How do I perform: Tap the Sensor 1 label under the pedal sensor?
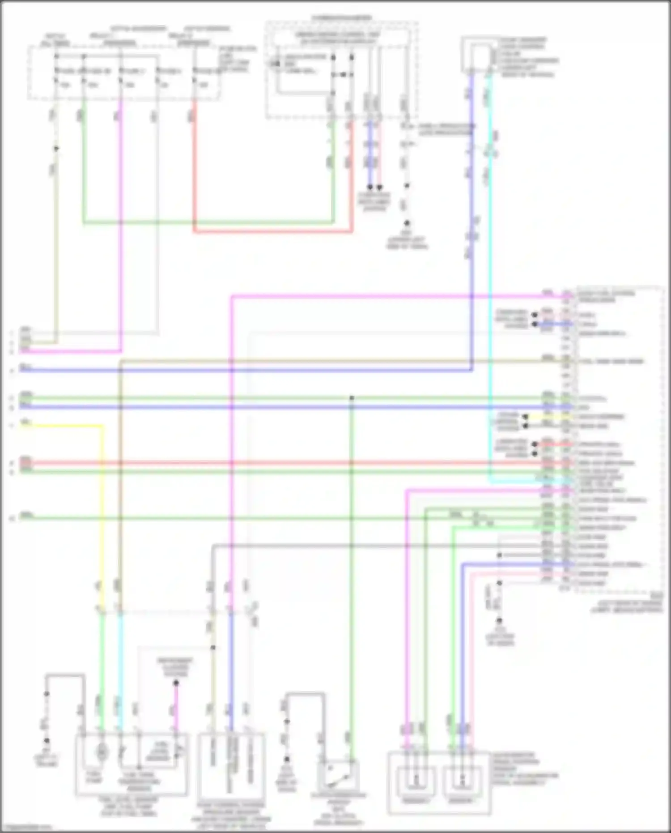click(416, 800)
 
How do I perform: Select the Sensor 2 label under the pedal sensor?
click(461, 800)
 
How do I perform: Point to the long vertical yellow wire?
click(102, 515)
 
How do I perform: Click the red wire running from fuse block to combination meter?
click(273, 232)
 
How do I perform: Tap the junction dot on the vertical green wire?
click(352, 397)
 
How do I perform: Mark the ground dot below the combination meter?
click(407, 222)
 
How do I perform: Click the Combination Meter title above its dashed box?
click(341, 18)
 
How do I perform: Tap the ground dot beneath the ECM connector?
click(499, 621)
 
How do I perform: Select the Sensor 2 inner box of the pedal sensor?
click(462, 781)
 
